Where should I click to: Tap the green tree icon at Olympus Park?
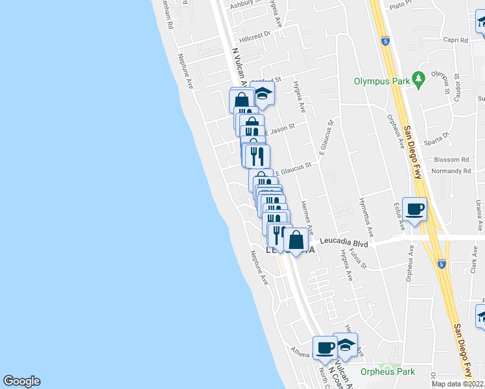click(x=419, y=78)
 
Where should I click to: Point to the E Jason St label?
click(x=279, y=128)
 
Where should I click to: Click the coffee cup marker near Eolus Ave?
click(x=414, y=209)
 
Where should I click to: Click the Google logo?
click(x=21, y=381)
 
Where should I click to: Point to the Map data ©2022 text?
click(x=458, y=384)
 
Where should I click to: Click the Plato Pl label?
click(x=401, y=5)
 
